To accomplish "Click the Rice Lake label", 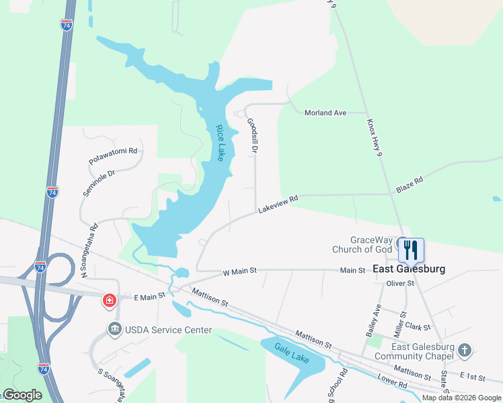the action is (220, 143).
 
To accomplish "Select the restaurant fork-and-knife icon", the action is (411, 250).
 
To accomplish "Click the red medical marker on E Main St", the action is (108, 300).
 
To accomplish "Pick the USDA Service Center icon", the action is (114, 329).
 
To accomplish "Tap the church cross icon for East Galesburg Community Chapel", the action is (465, 350).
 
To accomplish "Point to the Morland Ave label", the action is (325, 113).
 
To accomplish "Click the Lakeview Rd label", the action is (278, 206).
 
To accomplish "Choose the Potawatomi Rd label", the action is (113, 156).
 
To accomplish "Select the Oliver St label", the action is (400, 283).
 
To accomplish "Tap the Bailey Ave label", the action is (372, 320).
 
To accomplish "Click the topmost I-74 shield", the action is (66, 24).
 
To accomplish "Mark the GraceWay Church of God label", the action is (362, 244).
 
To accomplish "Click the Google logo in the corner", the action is (22, 395).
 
